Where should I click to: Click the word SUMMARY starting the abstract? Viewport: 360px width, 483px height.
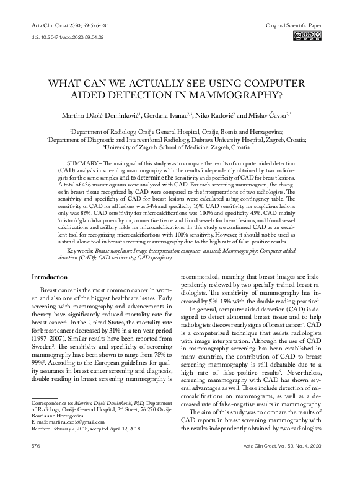(77, 162)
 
